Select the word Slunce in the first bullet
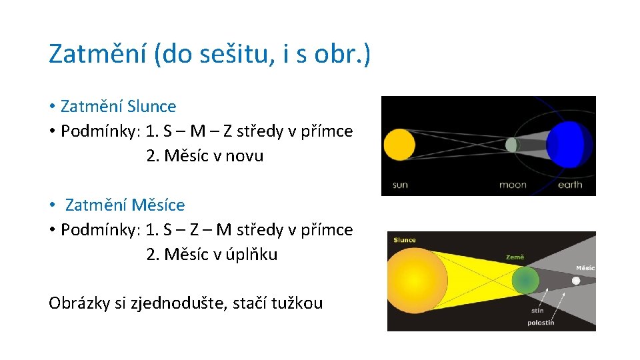151,106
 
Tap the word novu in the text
244,156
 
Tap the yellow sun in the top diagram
399,145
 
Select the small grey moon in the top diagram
511,145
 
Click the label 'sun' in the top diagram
400,185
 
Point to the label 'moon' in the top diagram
513,185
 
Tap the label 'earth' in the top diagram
569,185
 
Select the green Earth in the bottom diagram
525,281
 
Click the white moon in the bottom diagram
576,281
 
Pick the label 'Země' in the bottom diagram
515,257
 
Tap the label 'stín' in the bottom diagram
537,310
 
